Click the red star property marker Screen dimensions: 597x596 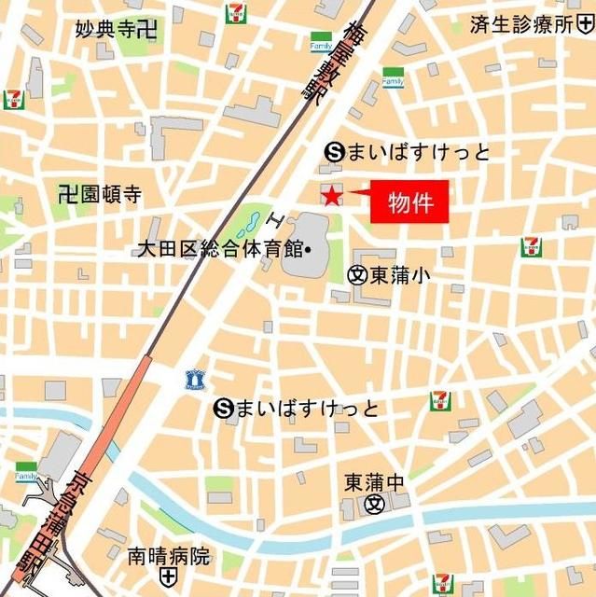[330, 195]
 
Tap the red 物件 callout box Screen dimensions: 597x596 [409, 202]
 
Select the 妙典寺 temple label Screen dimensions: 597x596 [107, 29]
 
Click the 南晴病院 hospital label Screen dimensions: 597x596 [169, 557]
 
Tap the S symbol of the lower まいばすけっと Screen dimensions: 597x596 [222, 408]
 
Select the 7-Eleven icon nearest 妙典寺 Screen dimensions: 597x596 [235, 14]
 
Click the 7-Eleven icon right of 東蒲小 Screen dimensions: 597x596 [531, 247]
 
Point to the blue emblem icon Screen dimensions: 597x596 [194, 378]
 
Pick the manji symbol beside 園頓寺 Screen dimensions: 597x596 [65, 195]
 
